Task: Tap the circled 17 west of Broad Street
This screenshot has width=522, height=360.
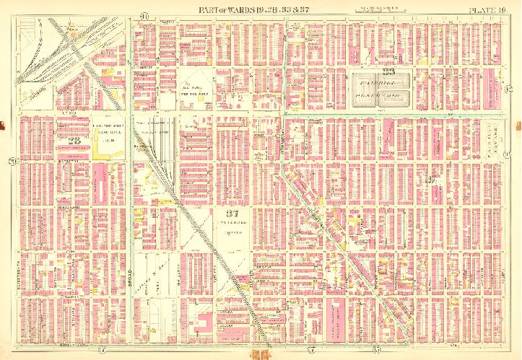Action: [100, 349]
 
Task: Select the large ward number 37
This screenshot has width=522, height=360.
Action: [231, 214]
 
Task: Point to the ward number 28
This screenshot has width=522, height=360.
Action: [74, 140]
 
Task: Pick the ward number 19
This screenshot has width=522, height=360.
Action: [432, 180]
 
